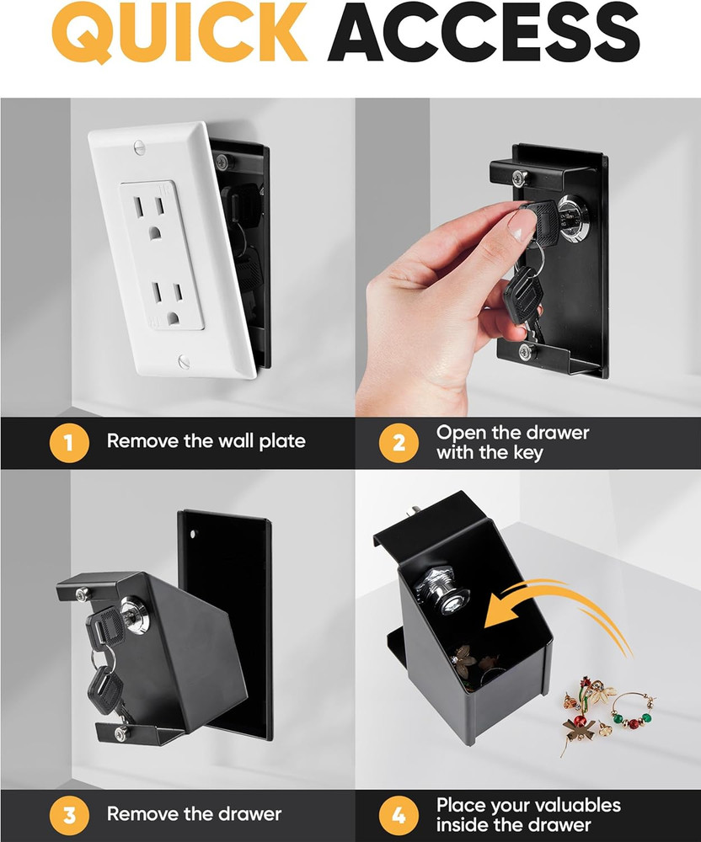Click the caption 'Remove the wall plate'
click(x=206, y=441)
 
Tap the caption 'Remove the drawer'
click(x=194, y=814)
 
